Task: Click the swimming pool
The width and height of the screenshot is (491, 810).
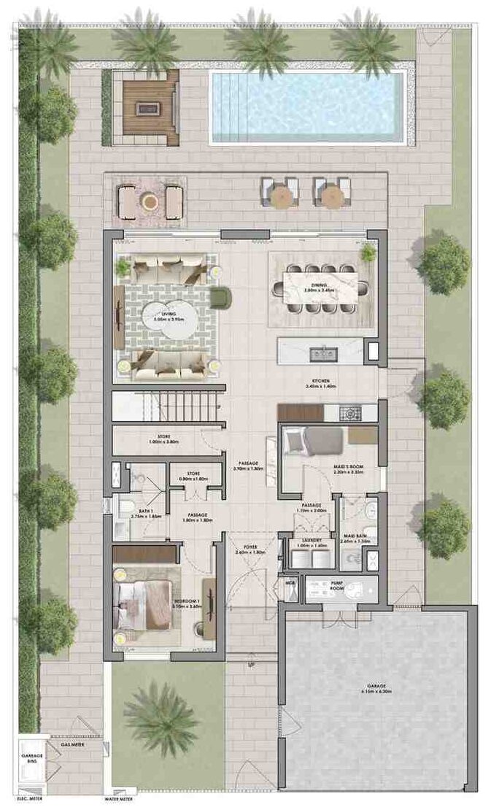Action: pos(306,107)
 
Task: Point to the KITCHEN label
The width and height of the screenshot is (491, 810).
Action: pos(321,382)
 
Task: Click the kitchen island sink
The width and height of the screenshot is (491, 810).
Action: pos(321,354)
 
